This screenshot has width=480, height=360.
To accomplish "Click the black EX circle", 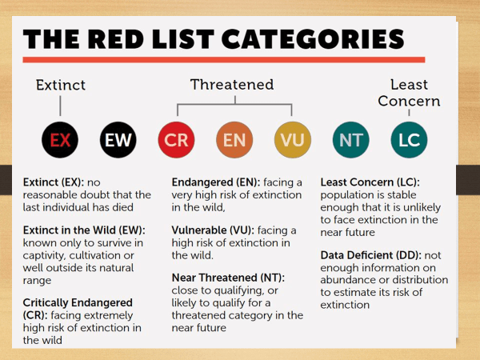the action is coord(60,140).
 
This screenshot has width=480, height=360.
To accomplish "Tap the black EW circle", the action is coord(118,140).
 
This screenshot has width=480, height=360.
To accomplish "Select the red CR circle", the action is coord(176,140).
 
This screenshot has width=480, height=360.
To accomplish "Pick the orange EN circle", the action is coord(234,140).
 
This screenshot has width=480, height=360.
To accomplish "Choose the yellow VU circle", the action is coord(293,140).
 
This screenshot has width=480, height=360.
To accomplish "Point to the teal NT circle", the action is coord(351,140).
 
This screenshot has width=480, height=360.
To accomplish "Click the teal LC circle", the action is coord(409,140).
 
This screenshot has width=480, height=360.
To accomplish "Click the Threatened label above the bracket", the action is coord(232,85).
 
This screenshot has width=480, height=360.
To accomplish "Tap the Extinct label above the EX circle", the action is coord(61,85).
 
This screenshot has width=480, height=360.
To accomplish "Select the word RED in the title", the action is coord(118,39).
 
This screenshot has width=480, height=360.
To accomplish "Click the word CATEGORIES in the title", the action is coord(313,39).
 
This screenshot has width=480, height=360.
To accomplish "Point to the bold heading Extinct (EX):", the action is coord(54,182).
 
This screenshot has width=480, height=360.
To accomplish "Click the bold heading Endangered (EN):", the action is coord(216,182).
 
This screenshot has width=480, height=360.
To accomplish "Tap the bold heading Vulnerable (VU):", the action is coord(213,230).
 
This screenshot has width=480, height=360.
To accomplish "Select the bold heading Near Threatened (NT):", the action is coord(228,278).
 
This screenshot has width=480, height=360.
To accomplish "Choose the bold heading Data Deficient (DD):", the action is coord(371,255).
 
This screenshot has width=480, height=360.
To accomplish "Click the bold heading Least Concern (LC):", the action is coord(370,182).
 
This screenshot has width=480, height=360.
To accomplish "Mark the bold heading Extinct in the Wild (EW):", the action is coord(84,230).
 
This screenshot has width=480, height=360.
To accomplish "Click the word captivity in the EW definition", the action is coord(45,256).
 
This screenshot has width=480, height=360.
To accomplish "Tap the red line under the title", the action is coord(224,60).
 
